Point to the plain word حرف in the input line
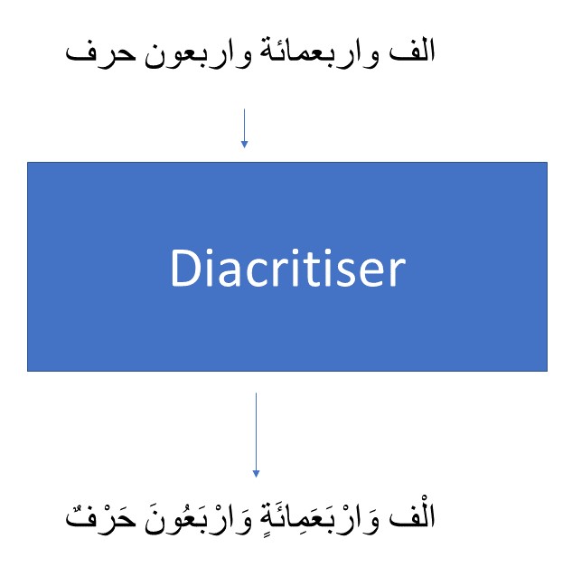100,55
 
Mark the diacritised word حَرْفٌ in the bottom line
100,519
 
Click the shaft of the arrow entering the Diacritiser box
244,125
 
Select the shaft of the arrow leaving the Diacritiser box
256,431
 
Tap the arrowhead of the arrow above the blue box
244,145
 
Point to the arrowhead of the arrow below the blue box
256,474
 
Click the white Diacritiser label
288,269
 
